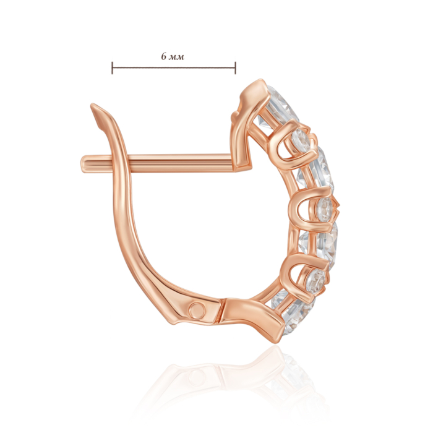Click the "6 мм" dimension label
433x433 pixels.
click(x=173, y=57)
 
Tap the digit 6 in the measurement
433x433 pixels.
click(x=164, y=56)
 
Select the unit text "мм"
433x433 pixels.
click(x=177, y=58)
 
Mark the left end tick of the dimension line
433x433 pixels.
click(x=112, y=68)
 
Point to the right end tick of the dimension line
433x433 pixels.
click(x=235, y=68)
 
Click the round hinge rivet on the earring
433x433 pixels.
click(x=197, y=309)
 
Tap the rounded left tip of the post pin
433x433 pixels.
click(x=82, y=164)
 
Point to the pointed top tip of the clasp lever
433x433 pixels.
click(x=93, y=105)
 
